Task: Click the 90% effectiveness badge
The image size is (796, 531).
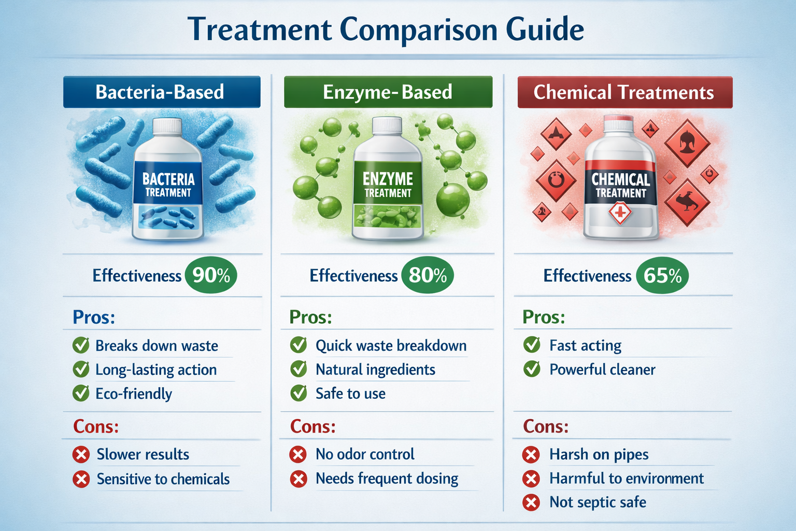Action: pyautogui.click(x=211, y=275)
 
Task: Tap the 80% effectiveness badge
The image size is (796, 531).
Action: pyautogui.click(x=428, y=275)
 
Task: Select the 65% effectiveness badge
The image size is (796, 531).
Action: pyautogui.click(x=662, y=275)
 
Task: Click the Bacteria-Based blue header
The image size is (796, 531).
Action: pyautogui.click(x=161, y=92)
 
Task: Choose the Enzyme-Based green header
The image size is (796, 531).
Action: pyautogui.click(x=388, y=92)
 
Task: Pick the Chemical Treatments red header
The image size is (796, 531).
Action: pyautogui.click(x=624, y=92)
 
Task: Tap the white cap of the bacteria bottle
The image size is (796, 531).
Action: pyautogui.click(x=167, y=126)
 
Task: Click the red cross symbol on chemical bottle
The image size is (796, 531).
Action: pyautogui.click(x=620, y=213)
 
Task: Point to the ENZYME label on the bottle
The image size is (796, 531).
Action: pyautogui.click(x=388, y=179)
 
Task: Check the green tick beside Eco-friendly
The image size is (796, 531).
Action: pyautogui.click(x=81, y=393)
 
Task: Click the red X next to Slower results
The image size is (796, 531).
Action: pyautogui.click(x=81, y=455)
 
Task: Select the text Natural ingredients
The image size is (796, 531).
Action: pyautogui.click(x=375, y=370)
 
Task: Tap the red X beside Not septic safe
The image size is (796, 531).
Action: pyautogui.click(x=531, y=502)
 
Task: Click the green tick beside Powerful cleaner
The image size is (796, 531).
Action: pyautogui.click(x=532, y=369)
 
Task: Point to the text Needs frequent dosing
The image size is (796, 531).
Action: pyautogui.click(x=387, y=479)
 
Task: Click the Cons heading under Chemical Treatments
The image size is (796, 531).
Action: pyautogui.click(x=546, y=426)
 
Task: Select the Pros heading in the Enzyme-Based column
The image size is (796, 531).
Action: pyautogui.click(x=310, y=317)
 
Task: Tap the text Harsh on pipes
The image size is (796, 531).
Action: pyautogui.click(x=599, y=455)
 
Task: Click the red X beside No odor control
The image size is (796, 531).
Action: pyautogui.click(x=298, y=455)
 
